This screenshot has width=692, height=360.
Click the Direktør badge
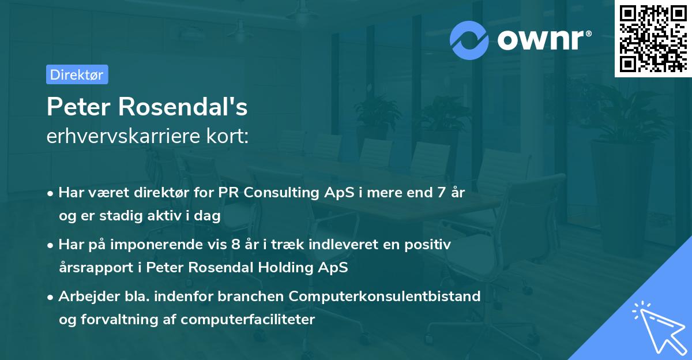coord(77,74)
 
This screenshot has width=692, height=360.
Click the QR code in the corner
coord(653,38)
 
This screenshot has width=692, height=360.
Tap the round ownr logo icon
coord(469,40)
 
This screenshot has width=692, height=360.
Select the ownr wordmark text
coord(543,40)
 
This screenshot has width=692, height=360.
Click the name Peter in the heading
coord(79,107)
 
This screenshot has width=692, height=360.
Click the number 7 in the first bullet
coord(441,193)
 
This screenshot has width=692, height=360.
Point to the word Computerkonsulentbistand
coord(385,297)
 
